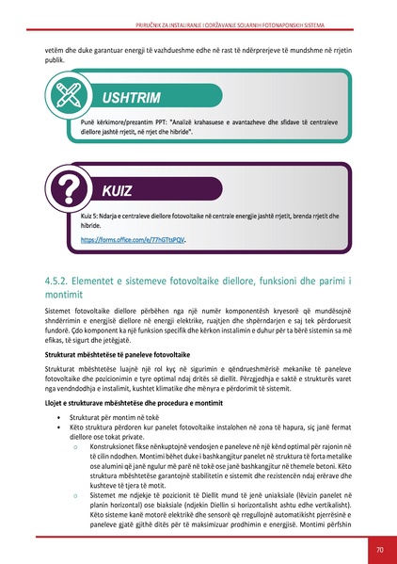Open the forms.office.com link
[x=133, y=239]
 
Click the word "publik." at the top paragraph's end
[x=56, y=58]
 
